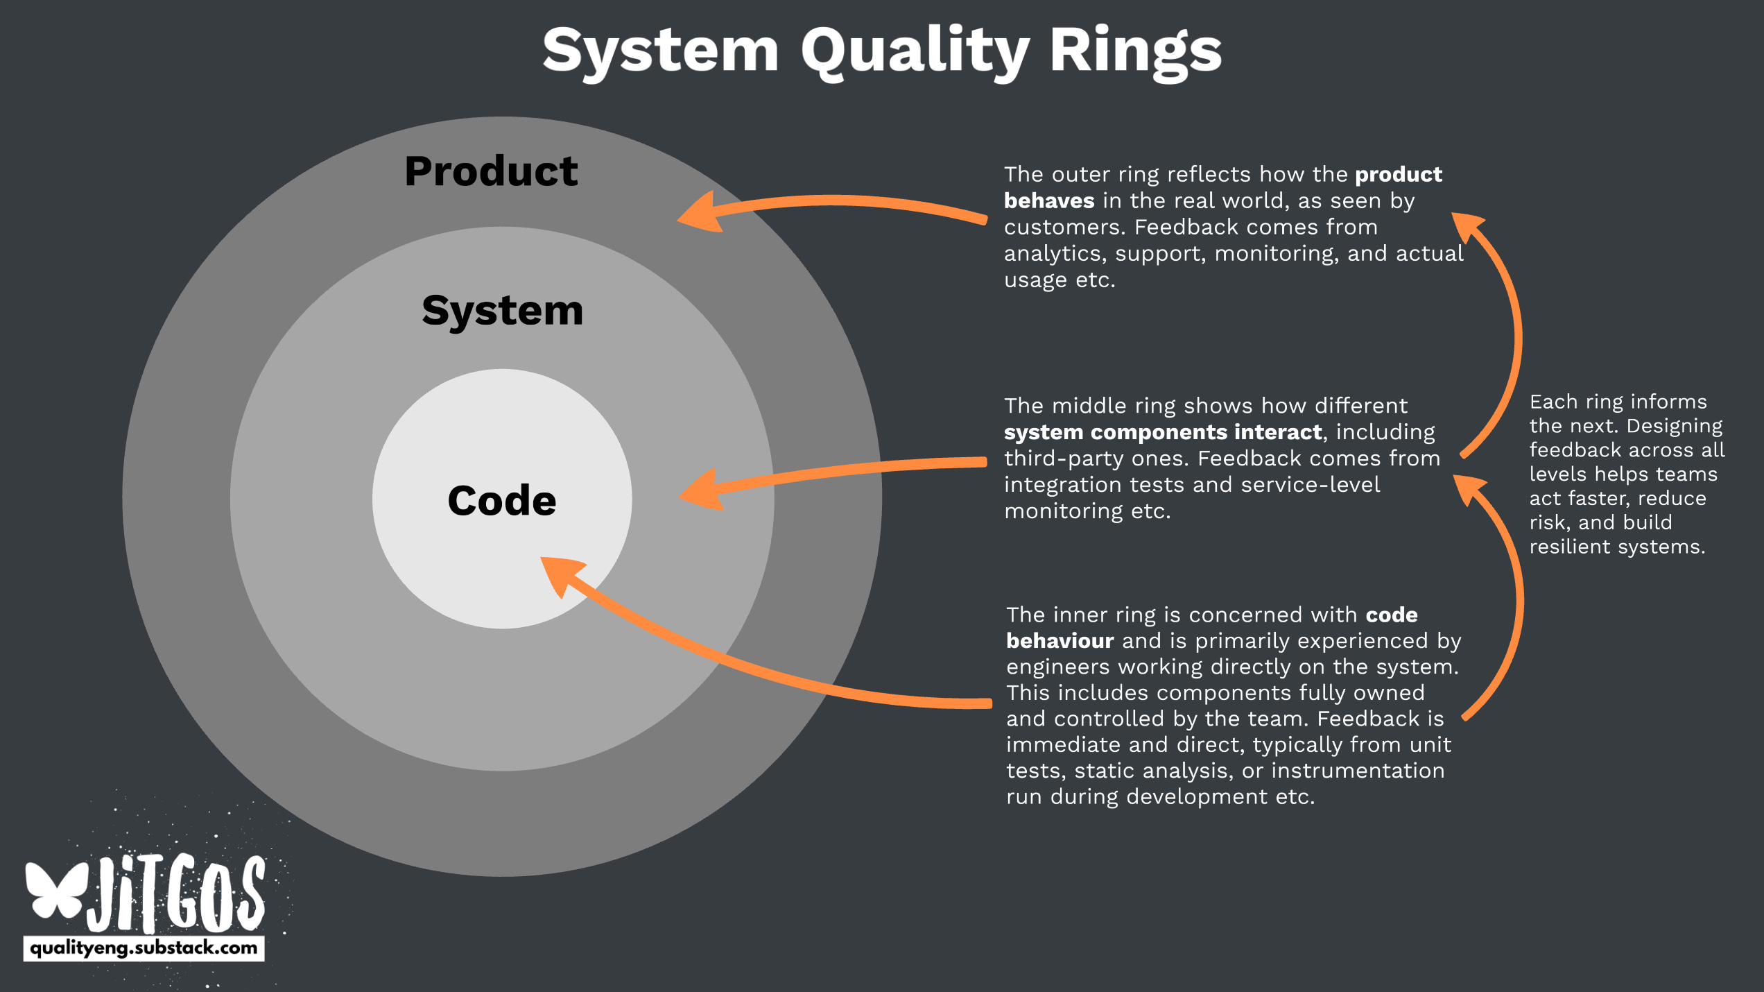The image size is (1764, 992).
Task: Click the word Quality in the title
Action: tap(914, 51)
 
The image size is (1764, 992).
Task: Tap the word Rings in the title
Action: tap(1135, 51)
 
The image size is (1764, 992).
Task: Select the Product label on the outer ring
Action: tap(491, 171)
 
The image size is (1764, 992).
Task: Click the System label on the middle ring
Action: tap(503, 310)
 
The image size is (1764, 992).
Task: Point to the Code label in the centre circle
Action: tap(502, 500)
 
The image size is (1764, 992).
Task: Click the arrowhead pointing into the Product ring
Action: tap(700, 212)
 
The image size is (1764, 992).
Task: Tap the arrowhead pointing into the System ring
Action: tap(702, 490)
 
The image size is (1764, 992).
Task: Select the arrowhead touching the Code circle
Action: tap(562, 574)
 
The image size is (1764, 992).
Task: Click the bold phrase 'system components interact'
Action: tap(1163, 432)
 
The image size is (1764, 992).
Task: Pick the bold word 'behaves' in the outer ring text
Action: tap(1048, 200)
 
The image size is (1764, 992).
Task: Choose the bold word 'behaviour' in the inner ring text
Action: tap(1060, 640)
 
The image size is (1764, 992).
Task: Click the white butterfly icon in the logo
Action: tap(55, 891)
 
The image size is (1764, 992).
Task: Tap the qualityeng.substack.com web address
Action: tap(144, 948)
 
